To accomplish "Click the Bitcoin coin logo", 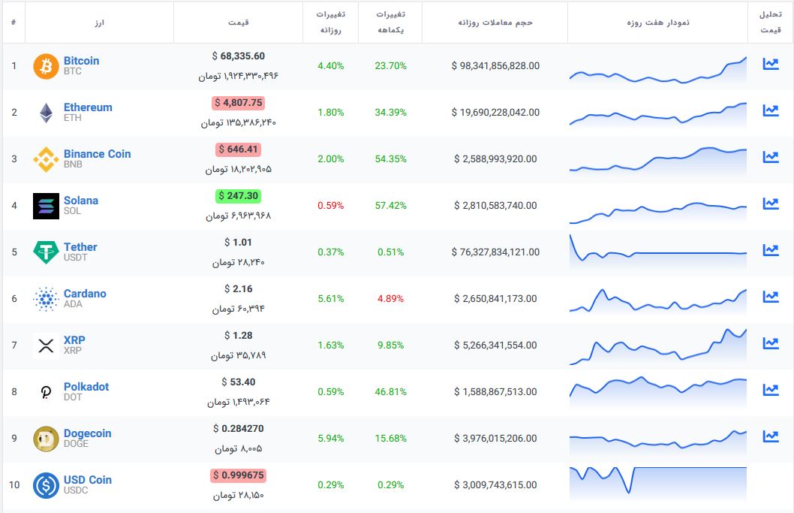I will [46, 66].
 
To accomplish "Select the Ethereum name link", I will [88, 107].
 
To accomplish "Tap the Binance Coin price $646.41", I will [239, 149].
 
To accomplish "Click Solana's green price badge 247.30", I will [239, 196].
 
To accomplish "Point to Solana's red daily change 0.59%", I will [330, 205].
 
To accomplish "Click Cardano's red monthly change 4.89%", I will [390, 298].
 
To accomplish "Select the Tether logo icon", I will [46, 252].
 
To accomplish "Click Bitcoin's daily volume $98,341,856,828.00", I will [495, 65].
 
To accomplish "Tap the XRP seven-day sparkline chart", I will [657, 345].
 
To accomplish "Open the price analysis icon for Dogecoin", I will [770, 436].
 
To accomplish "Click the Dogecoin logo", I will [46, 439].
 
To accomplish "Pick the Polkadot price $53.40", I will [239, 382].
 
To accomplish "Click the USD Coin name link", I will [87, 480].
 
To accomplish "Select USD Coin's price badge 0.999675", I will [239, 475].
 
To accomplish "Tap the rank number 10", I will [14, 484].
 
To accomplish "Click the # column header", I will [14, 22].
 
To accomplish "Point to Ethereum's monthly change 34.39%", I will [390, 112].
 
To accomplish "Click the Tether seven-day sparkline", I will [657, 252].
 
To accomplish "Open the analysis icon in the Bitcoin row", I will [770, 64].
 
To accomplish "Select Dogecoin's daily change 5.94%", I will [330, 438].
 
